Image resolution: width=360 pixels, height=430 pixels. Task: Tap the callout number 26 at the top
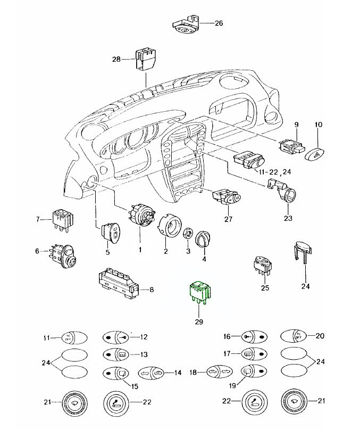click(x=220, y=23)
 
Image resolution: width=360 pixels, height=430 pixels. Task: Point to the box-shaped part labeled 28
click(x=145, y=60)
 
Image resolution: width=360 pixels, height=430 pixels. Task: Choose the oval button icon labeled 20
click(x=292, y=336)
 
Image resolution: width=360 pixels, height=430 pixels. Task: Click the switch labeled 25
click(x=261, y=266)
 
